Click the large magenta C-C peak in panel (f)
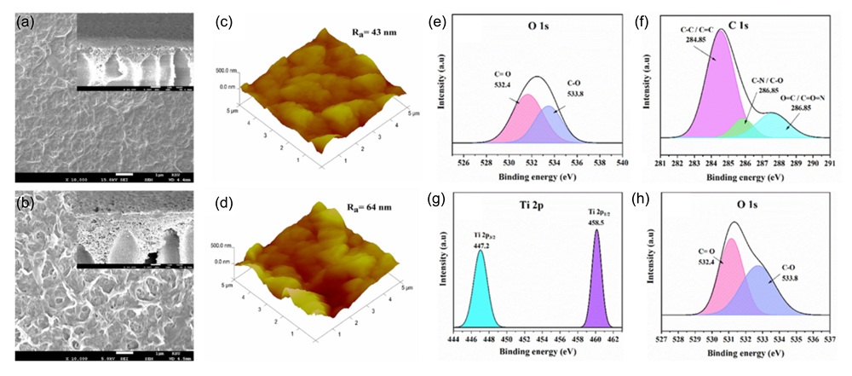pos(718,85)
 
